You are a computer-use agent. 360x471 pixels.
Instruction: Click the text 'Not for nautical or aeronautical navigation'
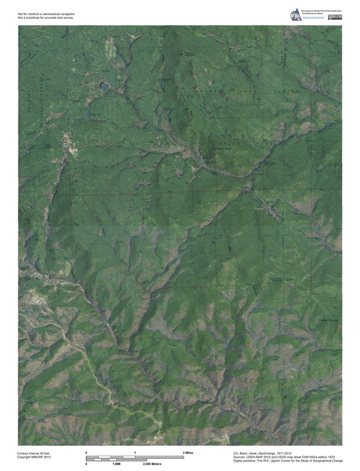click(x=46, y=14)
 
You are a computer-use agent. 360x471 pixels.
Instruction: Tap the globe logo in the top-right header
click(x=295, y=15)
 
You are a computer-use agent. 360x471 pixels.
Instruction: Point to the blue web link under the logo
click(x=313, y=18)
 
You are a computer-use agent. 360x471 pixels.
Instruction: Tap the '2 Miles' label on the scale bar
click(x=188, y=453)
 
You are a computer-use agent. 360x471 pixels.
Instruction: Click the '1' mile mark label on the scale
click(x=135, y=453)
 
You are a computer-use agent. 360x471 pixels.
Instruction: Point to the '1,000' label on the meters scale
click(x=116, y=464)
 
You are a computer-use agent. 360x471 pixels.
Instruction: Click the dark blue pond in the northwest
click(x=104, y=86)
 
